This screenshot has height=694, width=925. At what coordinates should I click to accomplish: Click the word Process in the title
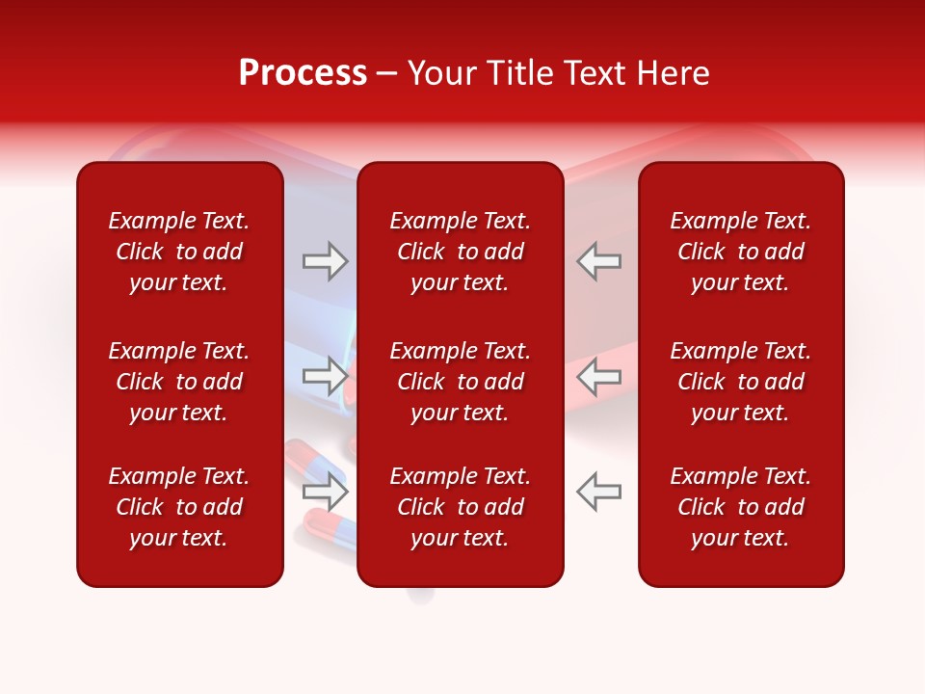pyautogui.click(x=303, y=73)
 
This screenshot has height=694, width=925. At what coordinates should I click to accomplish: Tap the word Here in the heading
pyautogui.click(x=672, y=73)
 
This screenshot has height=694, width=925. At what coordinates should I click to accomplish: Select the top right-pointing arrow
pyautogui.click(x=325, y=261)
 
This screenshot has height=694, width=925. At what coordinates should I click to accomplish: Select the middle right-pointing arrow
pyautogui.click(x=325, y=376)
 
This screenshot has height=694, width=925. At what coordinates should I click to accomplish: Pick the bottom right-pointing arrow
pyautogui.click(x=325, y=492)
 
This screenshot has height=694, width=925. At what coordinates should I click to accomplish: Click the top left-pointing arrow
pyautogui.click(x=598, y=261)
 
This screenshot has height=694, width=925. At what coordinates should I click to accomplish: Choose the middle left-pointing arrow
pyautogui.click(x=598, y=376)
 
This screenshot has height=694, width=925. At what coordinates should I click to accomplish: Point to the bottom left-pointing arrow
pyautogui.click(x=598, y=492)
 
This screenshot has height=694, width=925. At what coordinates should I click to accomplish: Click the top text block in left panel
pyautogui.click(x=179, y=252)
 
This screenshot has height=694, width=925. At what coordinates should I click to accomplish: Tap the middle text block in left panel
pyautogui.click(x=179, y=382)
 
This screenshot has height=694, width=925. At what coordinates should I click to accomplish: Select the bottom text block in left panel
pyautogui.click(x=179, y=507)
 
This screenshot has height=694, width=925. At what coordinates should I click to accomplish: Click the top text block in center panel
pyautogui.click(x=461, y=252)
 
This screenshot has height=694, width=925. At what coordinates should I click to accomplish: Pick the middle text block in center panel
pyautogui.click(x=461, y=382)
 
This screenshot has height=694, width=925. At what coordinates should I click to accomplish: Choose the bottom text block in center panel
pyautogui.click(x=461, y=507)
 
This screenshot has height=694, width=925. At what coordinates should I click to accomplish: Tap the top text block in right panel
pyautogui.click(x=741, y=252)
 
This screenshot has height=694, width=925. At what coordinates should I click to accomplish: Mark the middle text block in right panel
pyautogui.click(x=741, y=382)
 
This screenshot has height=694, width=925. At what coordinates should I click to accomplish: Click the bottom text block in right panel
pyautogui.click(x=741, y=507)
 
